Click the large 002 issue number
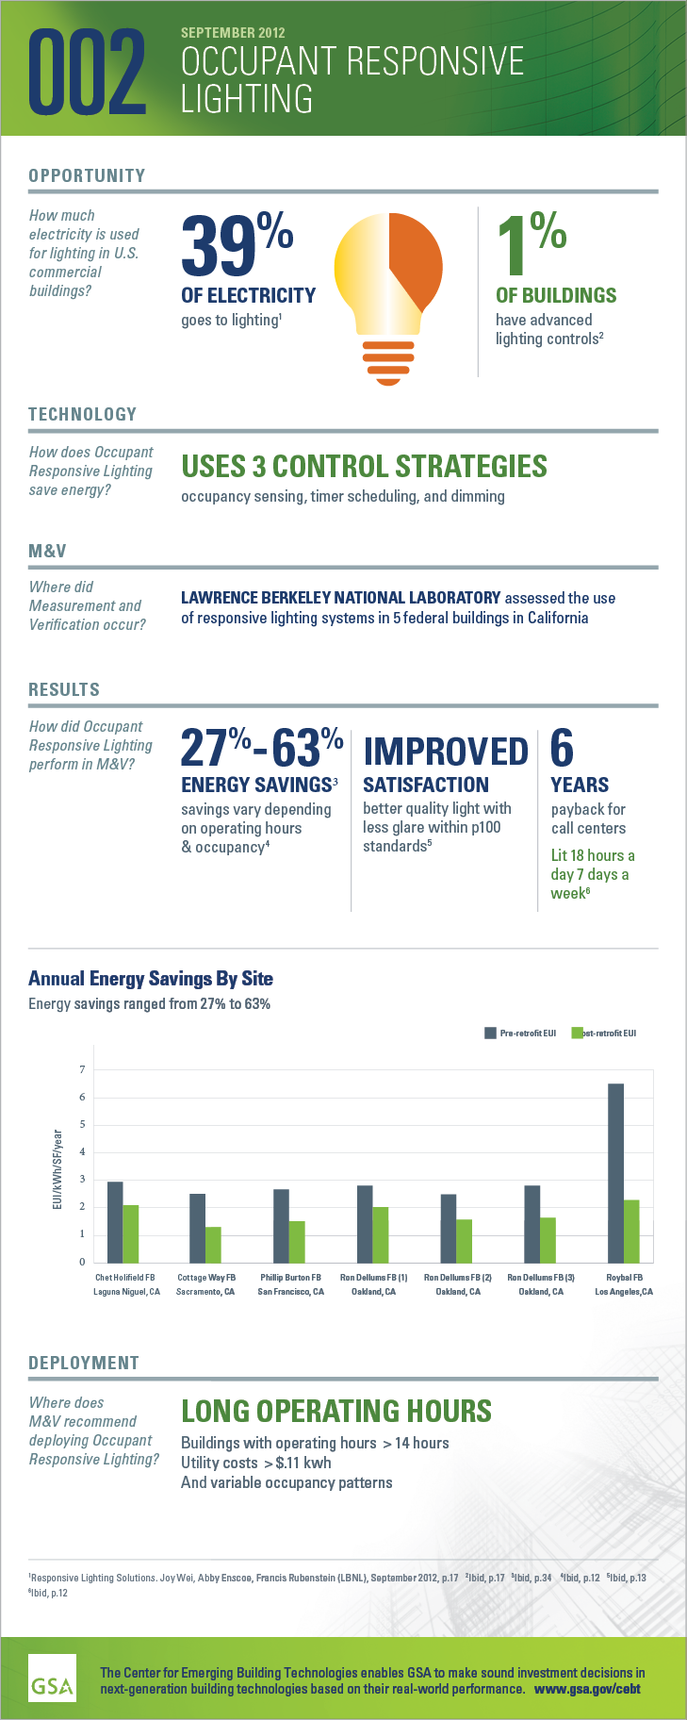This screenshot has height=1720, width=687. point(88,72)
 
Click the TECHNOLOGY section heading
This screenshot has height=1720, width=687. point(82,414)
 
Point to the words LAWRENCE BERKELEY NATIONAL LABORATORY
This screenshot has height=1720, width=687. point(340,598)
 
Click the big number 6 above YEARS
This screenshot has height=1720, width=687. point(562,749)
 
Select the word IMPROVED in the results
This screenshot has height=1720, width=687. point(445,752)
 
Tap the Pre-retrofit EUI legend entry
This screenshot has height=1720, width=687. point(520,1034)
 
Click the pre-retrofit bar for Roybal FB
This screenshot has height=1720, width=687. point(615,1172)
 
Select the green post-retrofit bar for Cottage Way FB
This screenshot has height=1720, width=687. point(213,1244)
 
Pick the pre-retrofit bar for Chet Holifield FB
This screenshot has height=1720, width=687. point(115,1222)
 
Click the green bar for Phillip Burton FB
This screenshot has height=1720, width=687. point(297,1241)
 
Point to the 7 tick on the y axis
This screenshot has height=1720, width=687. point(82,1069)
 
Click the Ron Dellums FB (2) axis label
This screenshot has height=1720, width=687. point(457,1278)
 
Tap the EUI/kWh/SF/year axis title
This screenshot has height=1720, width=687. point(57,1170)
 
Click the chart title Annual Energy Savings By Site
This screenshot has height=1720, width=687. point(151,978)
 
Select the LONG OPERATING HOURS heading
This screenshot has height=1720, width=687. point(335,1411)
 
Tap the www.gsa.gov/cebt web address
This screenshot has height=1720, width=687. point(587,1689)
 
